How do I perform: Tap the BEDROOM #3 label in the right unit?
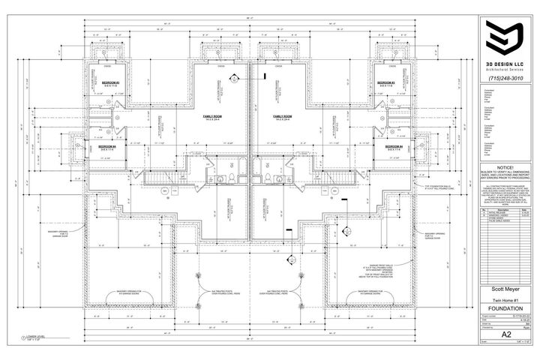pos(385,82)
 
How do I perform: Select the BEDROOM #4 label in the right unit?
pos(395,147)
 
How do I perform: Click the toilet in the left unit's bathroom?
pos(233,177)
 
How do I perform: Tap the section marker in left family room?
pos(234,77)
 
